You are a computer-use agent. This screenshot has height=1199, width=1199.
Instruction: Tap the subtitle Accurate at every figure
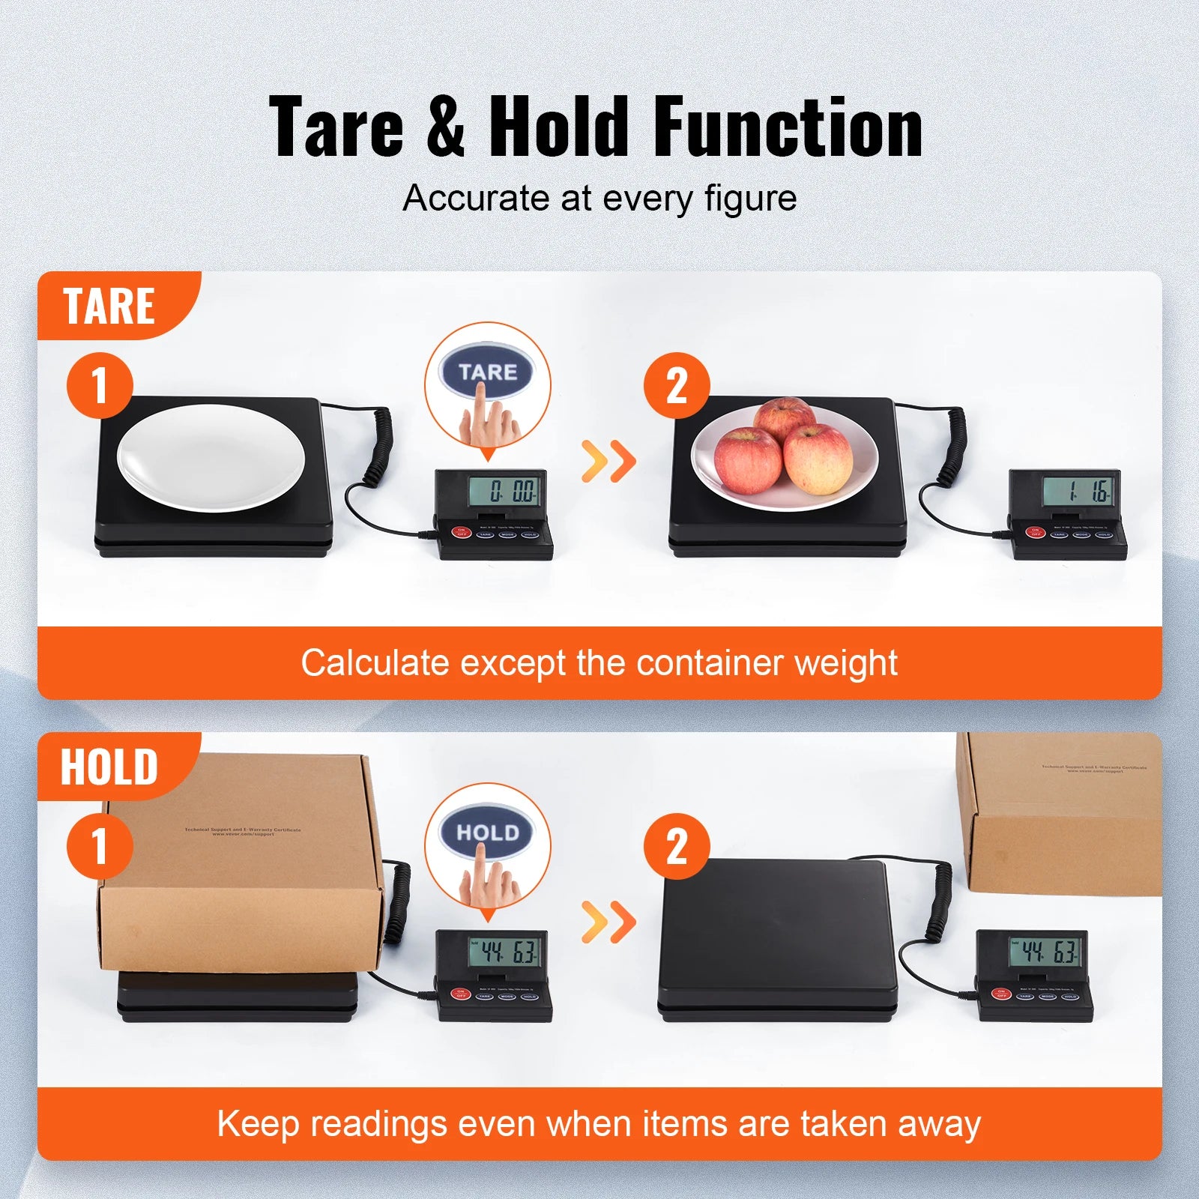pos(599,199)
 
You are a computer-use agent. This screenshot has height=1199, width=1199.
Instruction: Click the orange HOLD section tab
pos(111,767)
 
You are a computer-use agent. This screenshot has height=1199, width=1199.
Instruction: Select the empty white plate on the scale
pos(211,457)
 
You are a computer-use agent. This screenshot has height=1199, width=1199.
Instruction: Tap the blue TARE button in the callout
pos(487,372)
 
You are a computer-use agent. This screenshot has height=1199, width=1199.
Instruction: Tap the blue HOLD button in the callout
pos(487,833)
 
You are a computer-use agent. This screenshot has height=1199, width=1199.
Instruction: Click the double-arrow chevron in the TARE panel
pos(608,461)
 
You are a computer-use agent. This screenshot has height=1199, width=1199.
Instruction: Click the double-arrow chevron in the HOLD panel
pos(608,922)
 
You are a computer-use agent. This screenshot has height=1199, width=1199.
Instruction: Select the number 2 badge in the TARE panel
pos(677,386)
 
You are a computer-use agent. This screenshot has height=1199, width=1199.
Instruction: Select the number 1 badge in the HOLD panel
pos(100,847)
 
